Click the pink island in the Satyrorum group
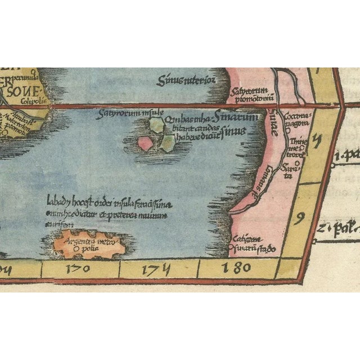(145, 143)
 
